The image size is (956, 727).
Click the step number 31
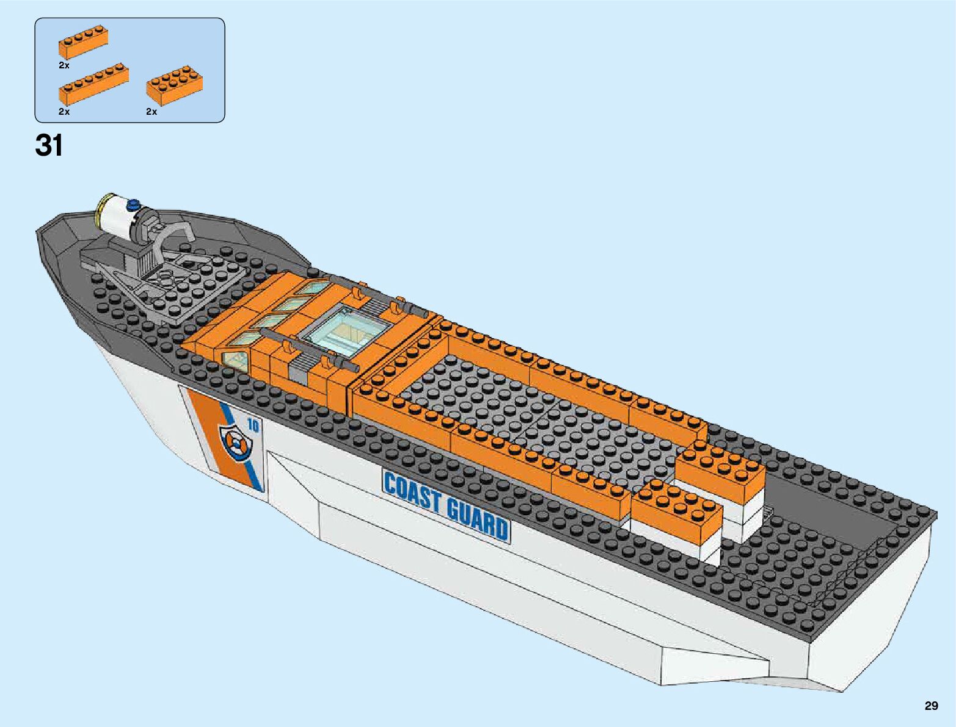[x=49, y=146]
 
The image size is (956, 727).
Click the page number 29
[x=930, y=706]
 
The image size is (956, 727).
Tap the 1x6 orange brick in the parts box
[x=94, y=83]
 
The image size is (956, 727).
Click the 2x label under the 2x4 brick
[x=151, y=112]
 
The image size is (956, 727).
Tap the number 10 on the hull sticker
[x=253, y=425]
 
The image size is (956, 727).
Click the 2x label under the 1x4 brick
[x=64, y=65]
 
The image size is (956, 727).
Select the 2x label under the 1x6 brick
[x=64, y=112]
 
